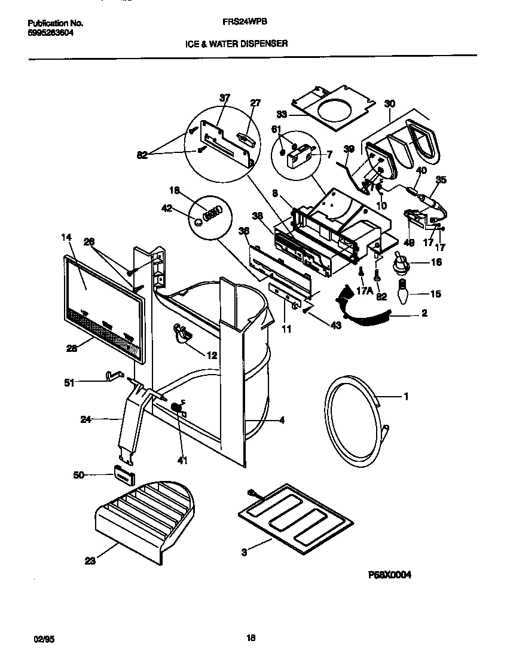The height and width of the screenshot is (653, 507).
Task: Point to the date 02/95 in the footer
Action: tap(37, 638)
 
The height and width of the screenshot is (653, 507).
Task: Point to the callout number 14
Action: tap(66, 238)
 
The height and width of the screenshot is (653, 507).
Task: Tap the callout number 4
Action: tap(281, 420)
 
